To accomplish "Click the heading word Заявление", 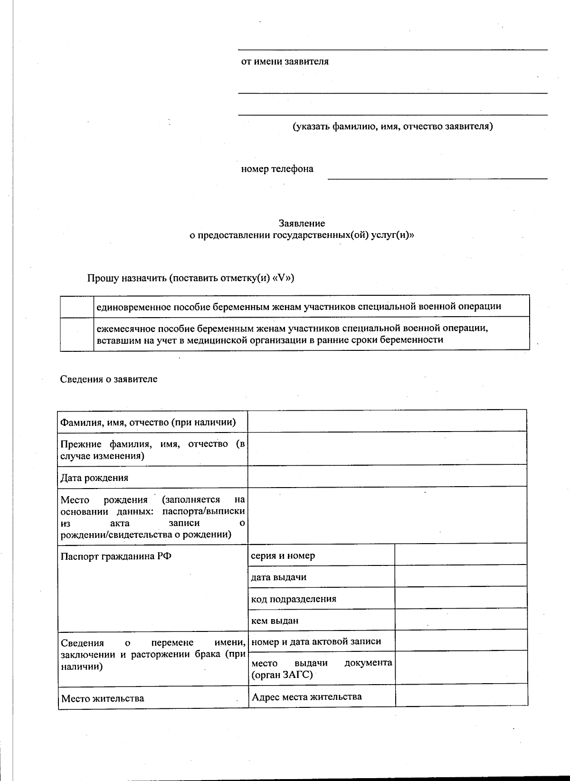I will (x=302, y=223).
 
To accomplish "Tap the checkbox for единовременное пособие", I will (x=76, y=306).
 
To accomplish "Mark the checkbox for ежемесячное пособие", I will (x=76, y=334).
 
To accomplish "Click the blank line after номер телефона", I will (x=437, y=173).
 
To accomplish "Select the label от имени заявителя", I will (x=285, y=62).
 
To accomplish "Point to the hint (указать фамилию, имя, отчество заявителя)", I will (x=392, y=126).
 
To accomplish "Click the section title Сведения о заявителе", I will (x=109, y=379).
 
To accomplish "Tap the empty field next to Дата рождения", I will (x=387, y=476).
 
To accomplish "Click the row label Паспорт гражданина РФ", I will (x=116, y=556).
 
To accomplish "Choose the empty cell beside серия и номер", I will (x=460, y=554).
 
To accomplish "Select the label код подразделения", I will (x=294, y=599).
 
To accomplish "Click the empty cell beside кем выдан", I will (x=460, y=619).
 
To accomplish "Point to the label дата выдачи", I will (x=278, y=577).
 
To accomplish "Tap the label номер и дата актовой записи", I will (x=316, y=641).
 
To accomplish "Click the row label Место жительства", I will (x=103, y=698).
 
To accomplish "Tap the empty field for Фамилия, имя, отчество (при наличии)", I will (x=387, y=421).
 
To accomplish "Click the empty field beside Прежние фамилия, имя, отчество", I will (x=387, y=449).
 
